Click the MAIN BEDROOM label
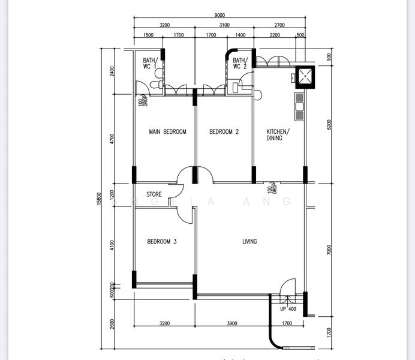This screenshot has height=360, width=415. (x=167, y=132)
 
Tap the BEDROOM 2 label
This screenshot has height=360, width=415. (x=224, y=132)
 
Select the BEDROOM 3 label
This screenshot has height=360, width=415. (x=162, y=242)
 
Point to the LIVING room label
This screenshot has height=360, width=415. (x=249, y=242)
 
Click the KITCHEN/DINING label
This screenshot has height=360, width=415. (x=278, y=135)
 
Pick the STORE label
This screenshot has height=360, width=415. (x=155, y=194)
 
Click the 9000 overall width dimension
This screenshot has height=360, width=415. (x=219, y=16)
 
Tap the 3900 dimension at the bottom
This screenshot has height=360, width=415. (x=232, y=324)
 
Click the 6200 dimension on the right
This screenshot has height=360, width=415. (x=329, y=124)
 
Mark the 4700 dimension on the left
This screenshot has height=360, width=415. (x=112, y=139)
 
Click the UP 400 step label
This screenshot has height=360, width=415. (x=288, y=309)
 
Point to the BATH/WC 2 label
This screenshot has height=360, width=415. (x=240, y=64)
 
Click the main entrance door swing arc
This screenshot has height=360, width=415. (x=288, y=285)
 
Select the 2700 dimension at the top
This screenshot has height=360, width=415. (x=279, y=25)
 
